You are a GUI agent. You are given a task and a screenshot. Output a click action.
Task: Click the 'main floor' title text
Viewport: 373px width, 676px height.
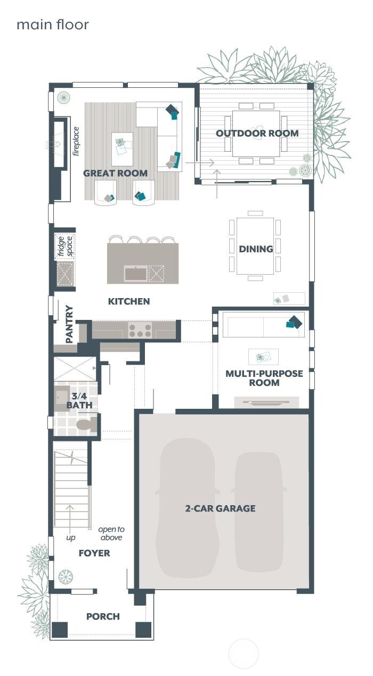[52, 24]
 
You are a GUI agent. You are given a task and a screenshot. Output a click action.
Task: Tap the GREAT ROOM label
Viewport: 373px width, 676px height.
[115, 173]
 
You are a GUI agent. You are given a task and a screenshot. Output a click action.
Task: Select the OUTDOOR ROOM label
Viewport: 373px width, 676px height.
[257, 133]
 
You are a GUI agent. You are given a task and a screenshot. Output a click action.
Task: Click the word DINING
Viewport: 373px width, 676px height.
[256, 249]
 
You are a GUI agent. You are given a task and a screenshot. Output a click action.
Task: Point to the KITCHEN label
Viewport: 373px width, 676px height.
[129, 301]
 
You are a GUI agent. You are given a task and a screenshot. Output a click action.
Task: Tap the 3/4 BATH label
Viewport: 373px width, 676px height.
[79, 400]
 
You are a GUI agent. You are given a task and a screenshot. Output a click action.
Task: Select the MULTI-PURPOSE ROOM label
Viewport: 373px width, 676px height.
[264, 378]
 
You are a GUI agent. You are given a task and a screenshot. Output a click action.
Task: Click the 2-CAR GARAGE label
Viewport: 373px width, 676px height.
[220, 508]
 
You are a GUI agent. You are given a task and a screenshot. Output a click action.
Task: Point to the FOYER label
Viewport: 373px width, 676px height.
[94, 553]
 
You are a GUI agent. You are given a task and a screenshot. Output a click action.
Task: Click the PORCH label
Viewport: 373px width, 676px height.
[103, 616]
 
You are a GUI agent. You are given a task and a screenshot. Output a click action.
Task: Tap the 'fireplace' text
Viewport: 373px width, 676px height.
[76, 141]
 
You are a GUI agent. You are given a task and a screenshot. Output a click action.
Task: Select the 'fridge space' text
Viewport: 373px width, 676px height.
[65, 246]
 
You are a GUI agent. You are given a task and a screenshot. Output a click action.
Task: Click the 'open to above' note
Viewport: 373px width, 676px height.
[111, 533]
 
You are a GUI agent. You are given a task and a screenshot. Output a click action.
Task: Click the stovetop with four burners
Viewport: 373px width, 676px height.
[140, 330]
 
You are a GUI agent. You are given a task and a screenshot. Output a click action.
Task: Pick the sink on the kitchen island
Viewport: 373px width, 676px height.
[135, 274]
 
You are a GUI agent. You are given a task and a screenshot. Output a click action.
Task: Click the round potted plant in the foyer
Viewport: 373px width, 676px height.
[66, 576]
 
